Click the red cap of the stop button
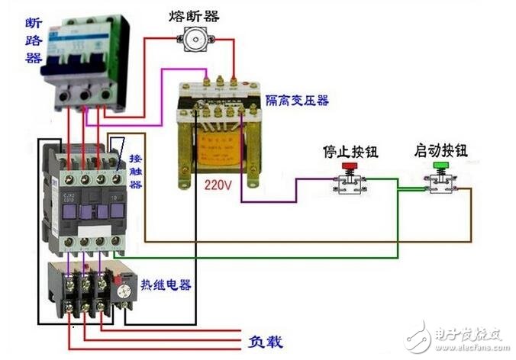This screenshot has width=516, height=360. tap(350, 166)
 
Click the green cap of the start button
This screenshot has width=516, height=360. tap(441, 166)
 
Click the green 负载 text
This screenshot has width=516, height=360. tap(266, 342)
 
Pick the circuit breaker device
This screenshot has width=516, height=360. tap(80, 61)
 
